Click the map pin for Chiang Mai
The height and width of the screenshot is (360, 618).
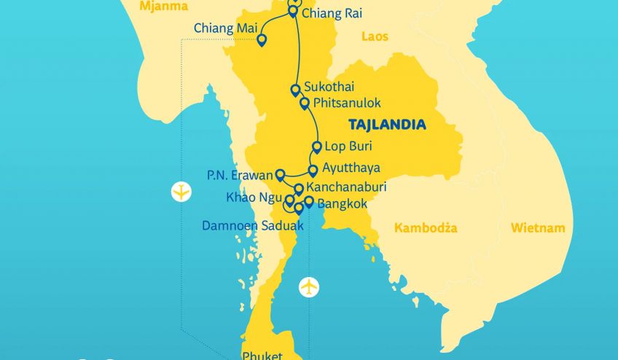[262, 40]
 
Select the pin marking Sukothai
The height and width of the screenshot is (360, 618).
[295, 90]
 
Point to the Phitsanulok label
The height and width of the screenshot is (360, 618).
[346, 103]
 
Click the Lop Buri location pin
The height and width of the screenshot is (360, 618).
[316, 146]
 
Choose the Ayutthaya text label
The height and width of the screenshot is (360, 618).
[351, 168]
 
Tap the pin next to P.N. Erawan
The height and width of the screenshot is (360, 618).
[280, 174]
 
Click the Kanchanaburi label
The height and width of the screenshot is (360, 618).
[346, 187]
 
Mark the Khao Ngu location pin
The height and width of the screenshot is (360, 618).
[289, 200]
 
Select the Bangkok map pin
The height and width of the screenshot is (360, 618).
[309, 202]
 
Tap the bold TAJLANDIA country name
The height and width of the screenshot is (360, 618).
[387, 125]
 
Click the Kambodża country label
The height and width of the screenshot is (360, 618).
[426, 228]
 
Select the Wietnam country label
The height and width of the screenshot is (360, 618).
[537, 228]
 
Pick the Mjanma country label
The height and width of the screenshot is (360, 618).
[163, 7]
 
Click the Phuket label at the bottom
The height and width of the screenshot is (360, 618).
[262, 355]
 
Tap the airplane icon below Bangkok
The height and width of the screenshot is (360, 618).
[309, 287]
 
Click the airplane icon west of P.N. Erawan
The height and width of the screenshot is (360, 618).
[181, 192]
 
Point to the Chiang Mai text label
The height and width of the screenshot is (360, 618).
[222, 28]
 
